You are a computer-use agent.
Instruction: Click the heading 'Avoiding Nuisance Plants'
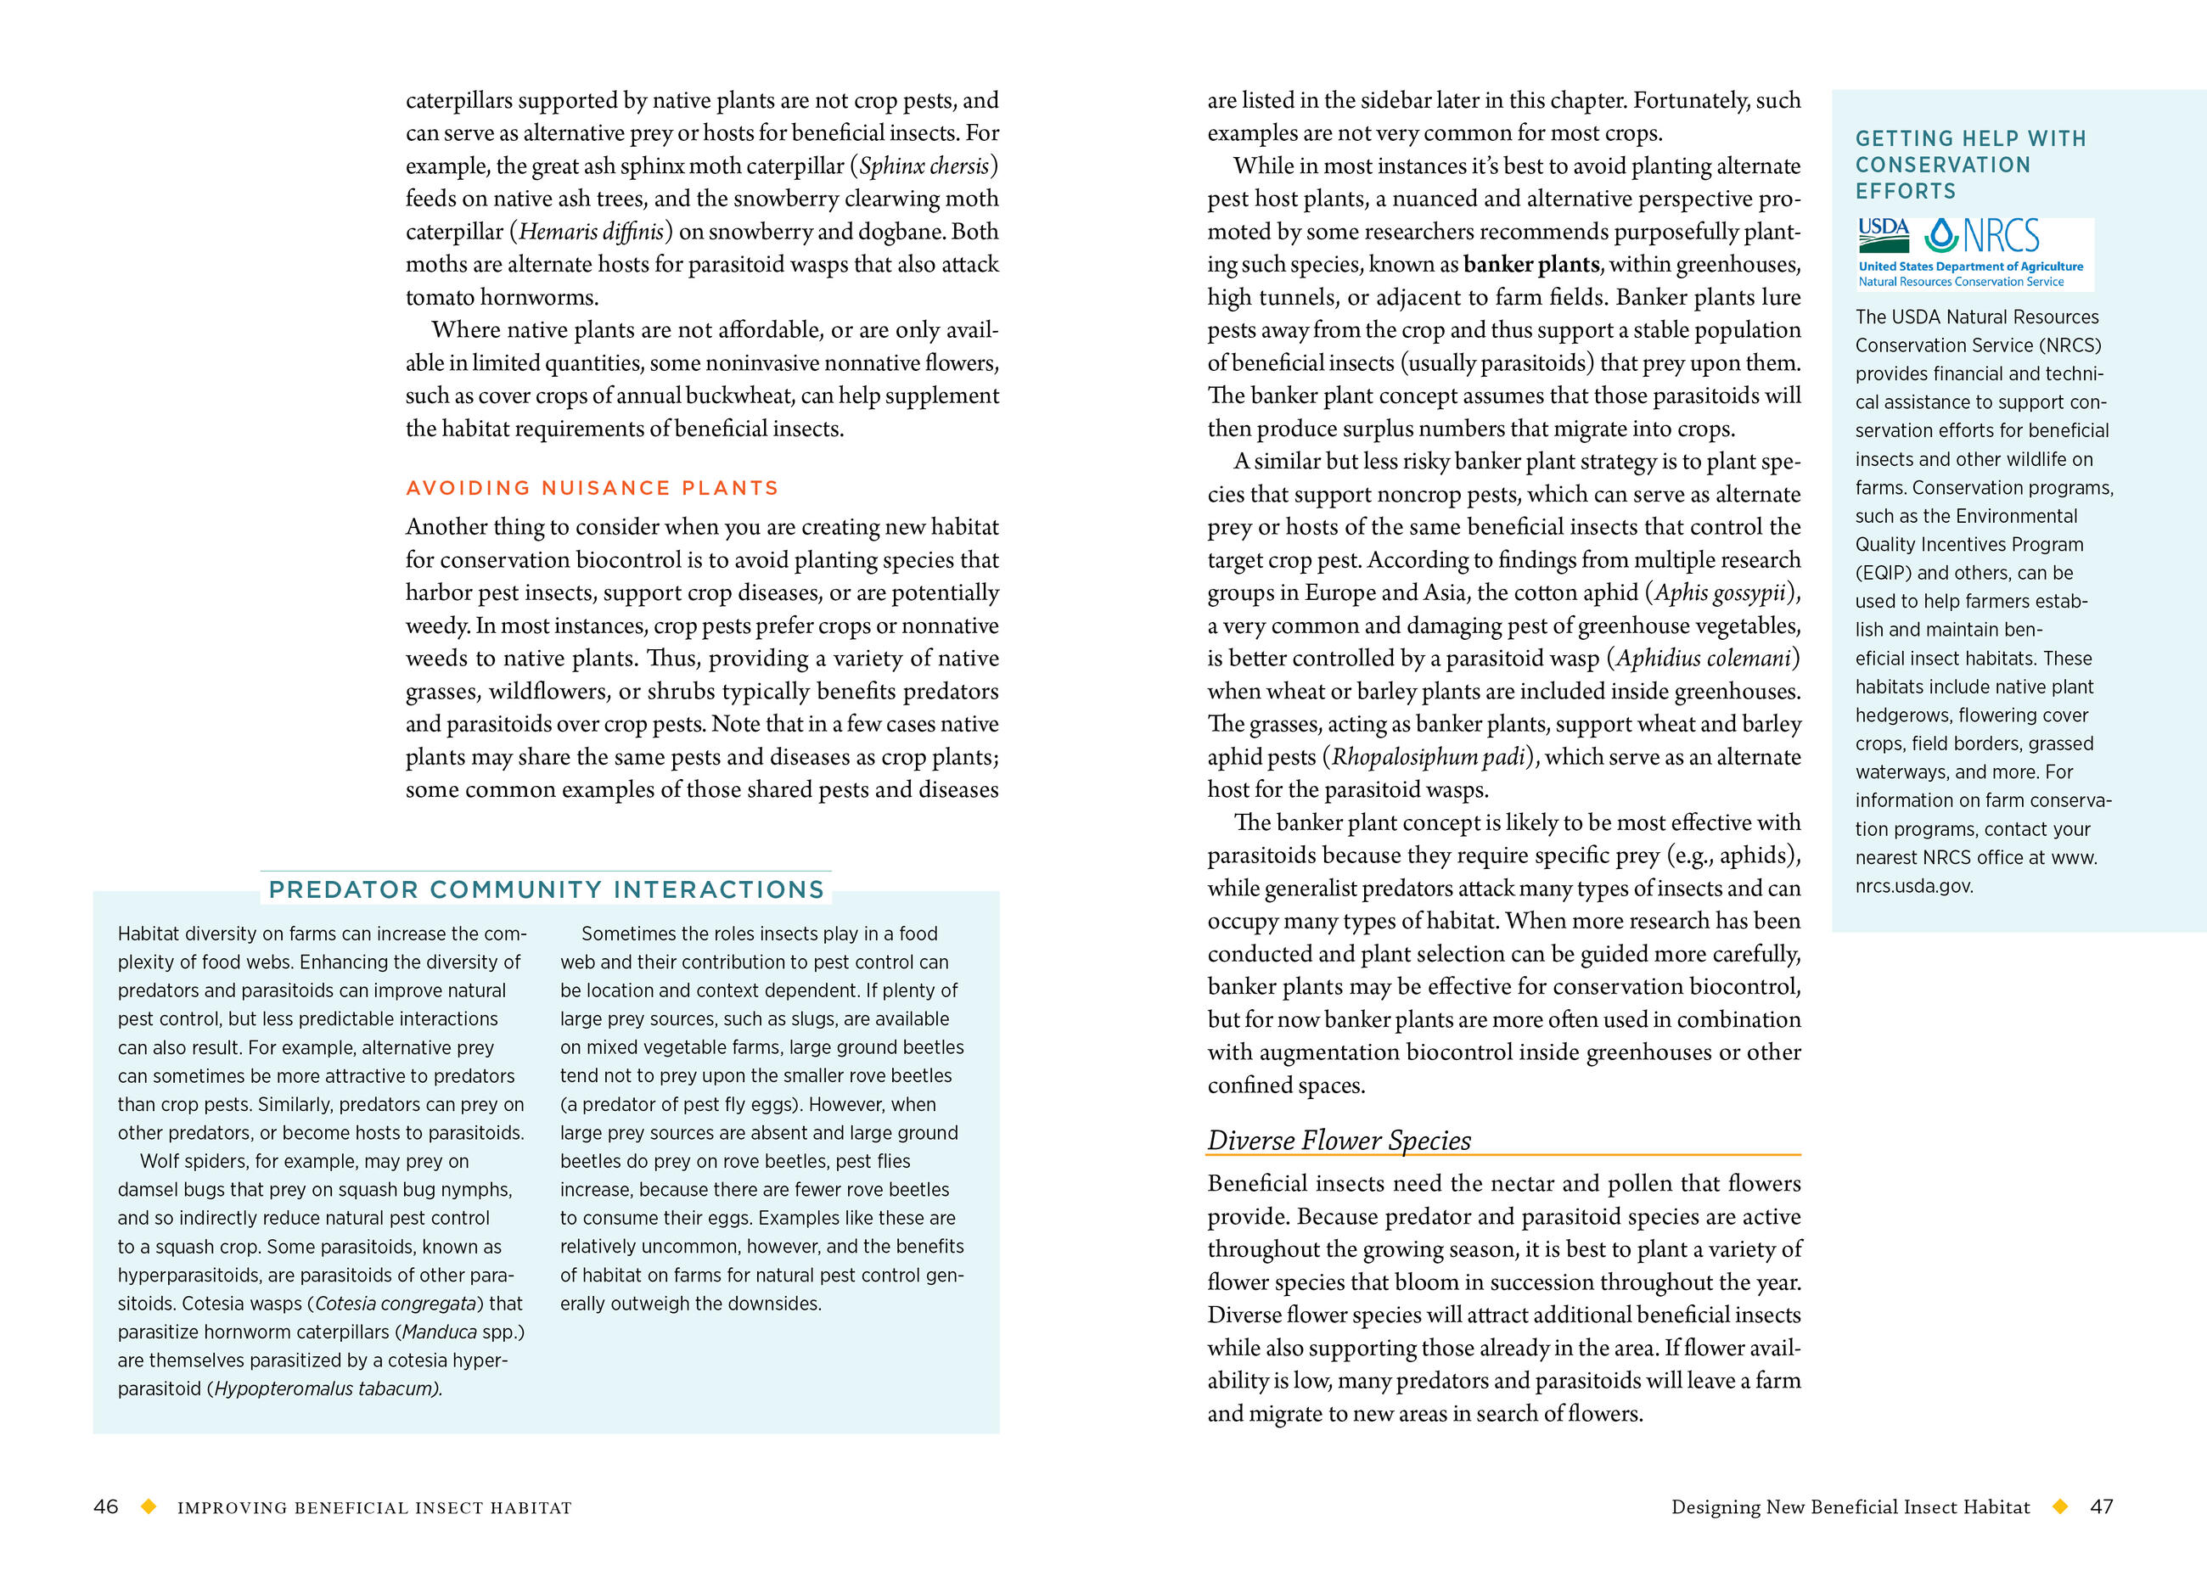click(x=592, y=488)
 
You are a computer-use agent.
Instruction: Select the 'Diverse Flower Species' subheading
click(x=1339, y=1141)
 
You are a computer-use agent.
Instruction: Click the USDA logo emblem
click(x=1883, y=234)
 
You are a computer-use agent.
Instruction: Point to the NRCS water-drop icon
click(x=1942, y=235)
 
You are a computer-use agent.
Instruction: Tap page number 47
click(x=2101, y=1506)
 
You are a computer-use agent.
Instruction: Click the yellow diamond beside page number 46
click(x=149, y=1506)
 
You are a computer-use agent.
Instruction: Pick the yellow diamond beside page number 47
click(x=2059, y=1506)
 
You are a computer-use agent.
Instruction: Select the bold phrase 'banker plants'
click(x=1530, y=264)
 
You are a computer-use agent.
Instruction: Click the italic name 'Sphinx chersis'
click(x=923, y=166)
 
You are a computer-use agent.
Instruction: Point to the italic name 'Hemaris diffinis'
click(x=591, y=231)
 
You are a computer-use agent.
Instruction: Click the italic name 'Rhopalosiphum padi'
click(x=1428, y=757)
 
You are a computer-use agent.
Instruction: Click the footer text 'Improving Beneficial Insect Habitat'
click(x=374, y=1507)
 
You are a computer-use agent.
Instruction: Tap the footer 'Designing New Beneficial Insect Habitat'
click(x=1850, y=1506)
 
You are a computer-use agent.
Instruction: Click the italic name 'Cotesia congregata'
click(x=395, y=1304)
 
